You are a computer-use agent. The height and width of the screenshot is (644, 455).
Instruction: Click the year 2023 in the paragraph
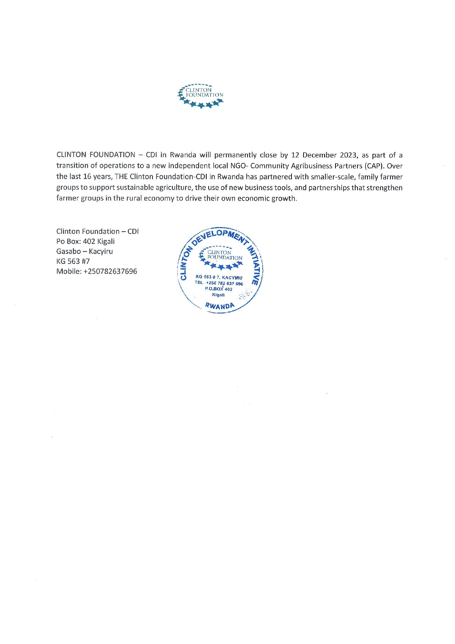coord(348,155)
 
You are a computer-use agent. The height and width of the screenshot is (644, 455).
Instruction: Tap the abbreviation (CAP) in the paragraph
coord(375,166)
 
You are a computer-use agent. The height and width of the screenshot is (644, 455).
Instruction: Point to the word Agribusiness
coord(312,166)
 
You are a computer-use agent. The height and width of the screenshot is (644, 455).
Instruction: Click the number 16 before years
coord(87,177)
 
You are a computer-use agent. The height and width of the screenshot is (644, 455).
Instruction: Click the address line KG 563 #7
coord(73,261)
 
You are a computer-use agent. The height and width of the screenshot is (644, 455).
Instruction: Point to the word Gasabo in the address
coord(69,251)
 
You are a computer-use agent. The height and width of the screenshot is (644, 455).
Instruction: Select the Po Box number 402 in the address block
coord(89,241)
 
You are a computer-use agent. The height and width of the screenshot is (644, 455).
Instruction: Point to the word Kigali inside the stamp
coord(218,295)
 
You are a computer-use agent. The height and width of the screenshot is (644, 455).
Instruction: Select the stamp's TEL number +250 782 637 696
coord(224,283)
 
